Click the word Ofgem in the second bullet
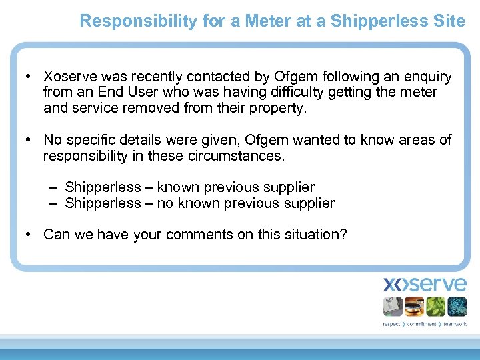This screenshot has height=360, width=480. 267,140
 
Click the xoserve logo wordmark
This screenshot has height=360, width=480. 425,285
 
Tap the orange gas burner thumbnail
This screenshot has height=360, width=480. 414,307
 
